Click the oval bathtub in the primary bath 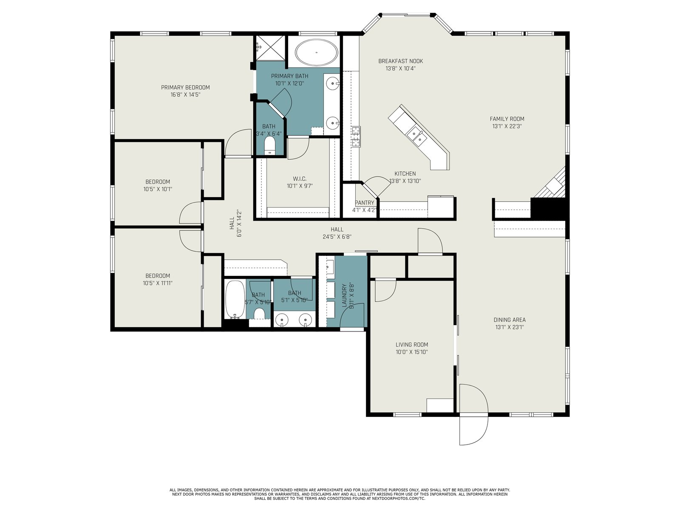coord(316,52)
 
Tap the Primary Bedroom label coord(185,87)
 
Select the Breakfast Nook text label coord(401,61)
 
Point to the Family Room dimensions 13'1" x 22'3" coord(507,126)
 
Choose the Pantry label coord(364,203)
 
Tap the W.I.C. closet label coord(300,178)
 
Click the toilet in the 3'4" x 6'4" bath coord(269,146)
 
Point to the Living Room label coord(412,344)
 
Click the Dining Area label coord(510,320)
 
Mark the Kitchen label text coord(405,173)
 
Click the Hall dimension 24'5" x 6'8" coord(337,237)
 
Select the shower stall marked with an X coord(270,48)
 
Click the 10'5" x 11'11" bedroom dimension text coord(158,283)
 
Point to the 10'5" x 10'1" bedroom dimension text coord(158,189)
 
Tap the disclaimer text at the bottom coord(340,494)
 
